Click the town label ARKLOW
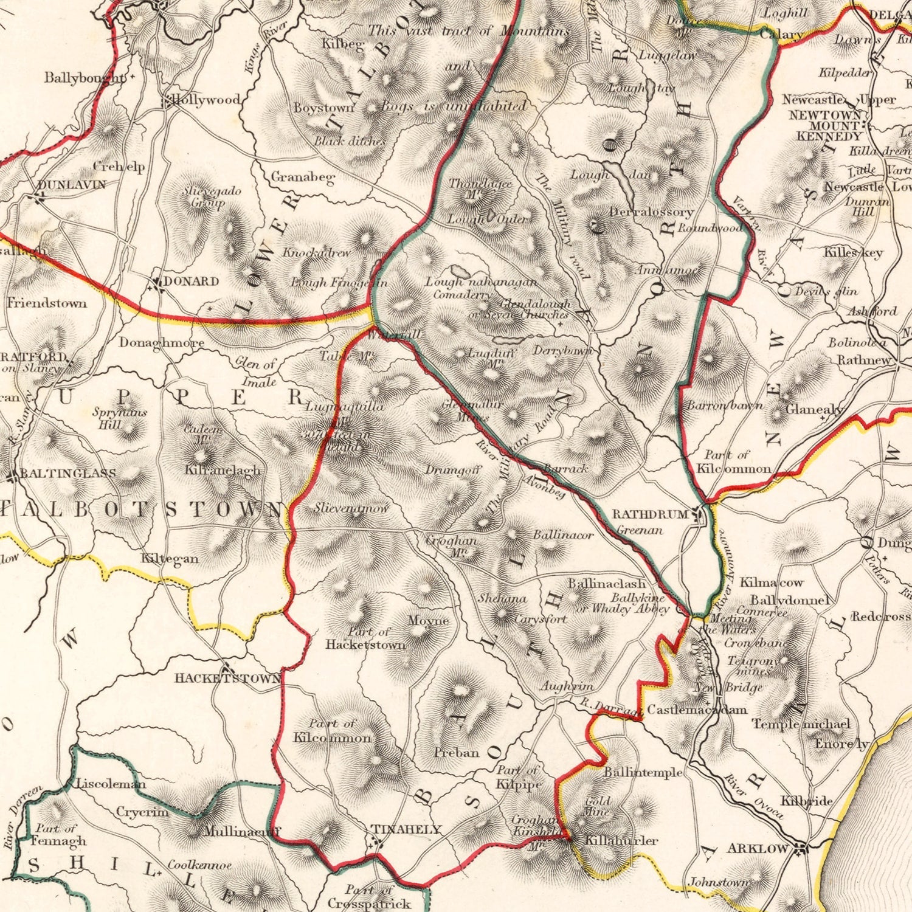tap(758, 848)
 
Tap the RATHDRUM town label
tap(649, 514)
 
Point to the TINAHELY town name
tap(406, 829)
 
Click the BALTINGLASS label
tap(67, 473)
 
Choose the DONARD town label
tap(191, 282)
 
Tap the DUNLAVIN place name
tap(71, 184)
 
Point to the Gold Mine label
tap(597, 806)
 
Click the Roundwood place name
tap(710, 228)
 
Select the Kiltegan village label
tap(169, 558)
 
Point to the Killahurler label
tap(621, 840)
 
